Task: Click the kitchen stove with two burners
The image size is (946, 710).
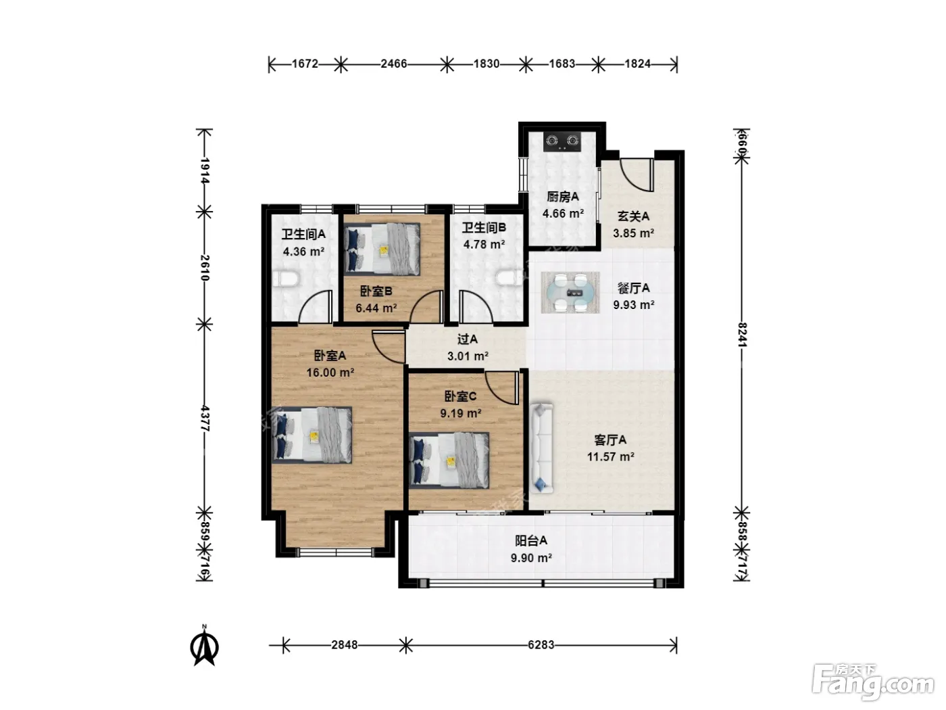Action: pos(562,141)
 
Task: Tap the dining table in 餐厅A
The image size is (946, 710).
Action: pos(570,292)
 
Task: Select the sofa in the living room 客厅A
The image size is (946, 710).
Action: pos(541,448)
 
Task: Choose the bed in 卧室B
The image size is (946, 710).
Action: pos(382,249)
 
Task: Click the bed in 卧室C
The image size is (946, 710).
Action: pos(449,460)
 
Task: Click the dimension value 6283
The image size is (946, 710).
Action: pos(541,645)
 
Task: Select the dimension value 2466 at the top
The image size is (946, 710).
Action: pos(393,64)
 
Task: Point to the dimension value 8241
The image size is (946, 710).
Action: pos(741,335)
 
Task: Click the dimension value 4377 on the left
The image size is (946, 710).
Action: pos(205,418)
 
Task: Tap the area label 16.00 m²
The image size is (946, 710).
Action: pos(330,373)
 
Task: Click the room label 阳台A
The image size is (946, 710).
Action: pos(531,540)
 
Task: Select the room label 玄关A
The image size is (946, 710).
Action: pos(633,216)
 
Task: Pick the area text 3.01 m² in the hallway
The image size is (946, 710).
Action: pos(468,356)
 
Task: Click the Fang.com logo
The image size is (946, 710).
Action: pos(873,684)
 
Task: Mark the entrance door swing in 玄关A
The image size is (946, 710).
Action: pos(637,175)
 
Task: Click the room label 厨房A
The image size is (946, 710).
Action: pos(562,197)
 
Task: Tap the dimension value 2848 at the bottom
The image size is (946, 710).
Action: pos(345,645)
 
